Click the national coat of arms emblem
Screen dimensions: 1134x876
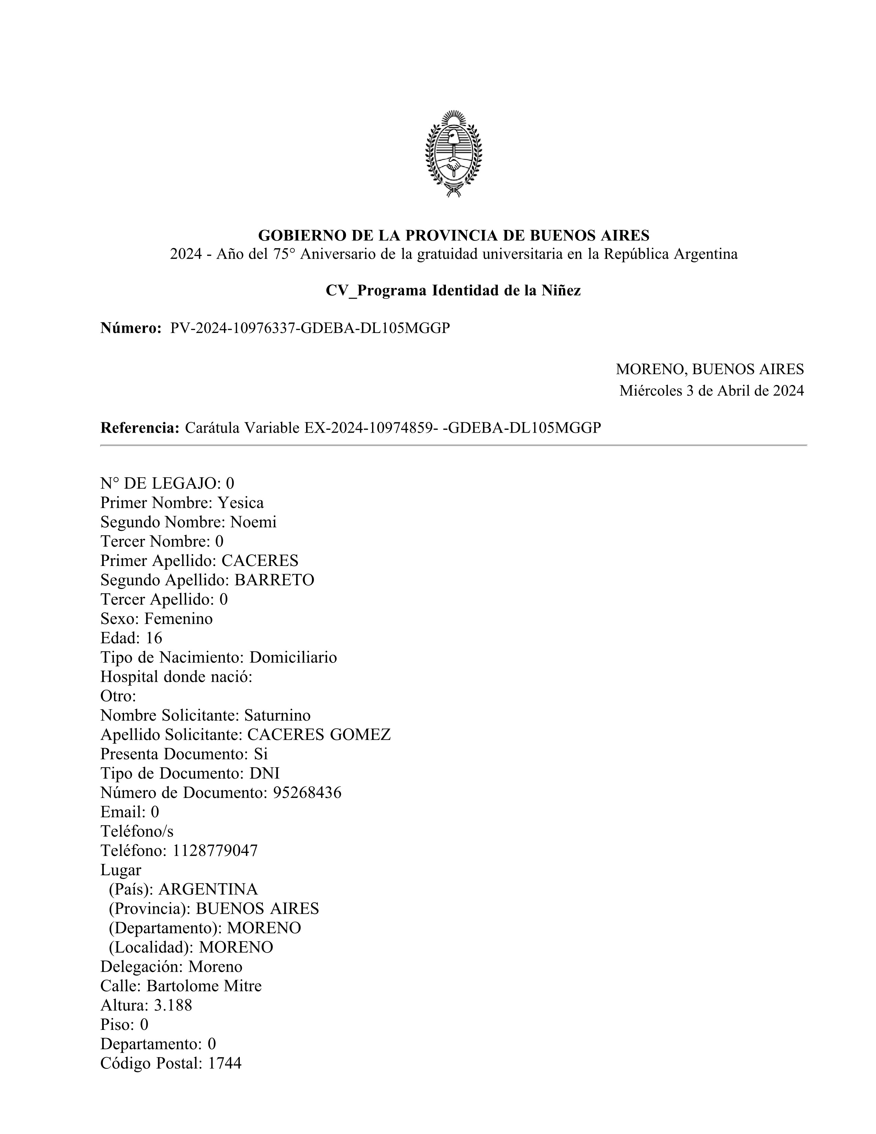pos(453,154)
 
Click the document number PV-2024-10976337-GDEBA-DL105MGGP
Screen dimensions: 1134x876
pos(310,328)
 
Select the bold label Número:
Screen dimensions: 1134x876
pos(131,328)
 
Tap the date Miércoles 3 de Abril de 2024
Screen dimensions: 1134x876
pos(711,390)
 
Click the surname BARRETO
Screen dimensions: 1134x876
pos(274,580)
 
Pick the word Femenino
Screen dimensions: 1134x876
pos(179,619)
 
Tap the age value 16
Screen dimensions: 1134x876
pos(154,638)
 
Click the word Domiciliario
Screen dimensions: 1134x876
pos(293,657)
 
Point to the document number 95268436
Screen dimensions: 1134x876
pos(307,793)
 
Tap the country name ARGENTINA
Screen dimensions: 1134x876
pos(208,889)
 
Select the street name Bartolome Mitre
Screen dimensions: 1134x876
pos(204,986)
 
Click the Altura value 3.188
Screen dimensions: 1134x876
pos(173,1006)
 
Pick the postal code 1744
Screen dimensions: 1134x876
pos(225,1064)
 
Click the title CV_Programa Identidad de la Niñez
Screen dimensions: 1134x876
pos(453,291)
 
